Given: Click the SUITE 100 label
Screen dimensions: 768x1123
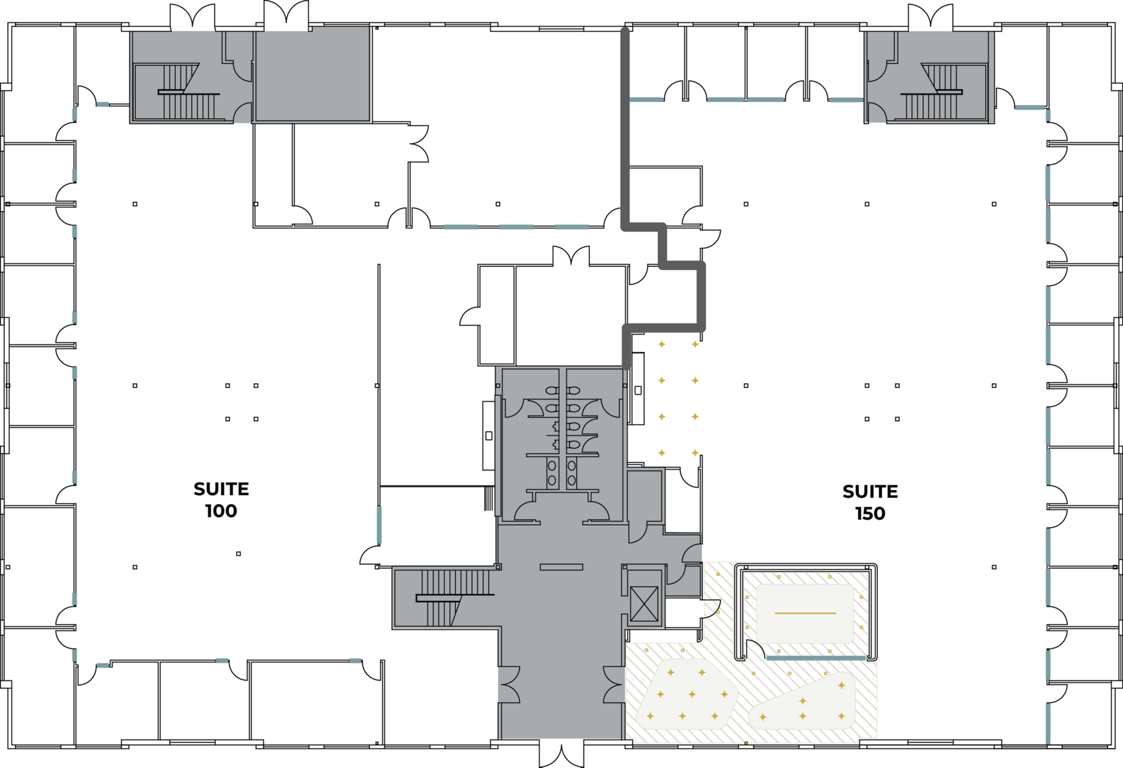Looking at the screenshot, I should tap(221, 500).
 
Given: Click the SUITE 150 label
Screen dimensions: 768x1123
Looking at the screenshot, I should tap(870, 502).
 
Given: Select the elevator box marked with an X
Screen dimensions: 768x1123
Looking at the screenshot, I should tap(644, 604).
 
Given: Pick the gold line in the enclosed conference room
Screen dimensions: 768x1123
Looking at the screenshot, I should tap(805, 613).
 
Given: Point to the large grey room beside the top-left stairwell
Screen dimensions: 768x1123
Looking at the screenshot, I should tap(313, 74).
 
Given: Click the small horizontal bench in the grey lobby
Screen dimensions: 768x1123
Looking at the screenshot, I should tap(561, 567).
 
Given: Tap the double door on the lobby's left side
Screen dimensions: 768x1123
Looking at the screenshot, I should tap(508, 684).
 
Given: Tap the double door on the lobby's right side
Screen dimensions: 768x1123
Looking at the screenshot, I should tap(614, 684).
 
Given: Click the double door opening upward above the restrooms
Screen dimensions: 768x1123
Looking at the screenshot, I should tap(571, 256).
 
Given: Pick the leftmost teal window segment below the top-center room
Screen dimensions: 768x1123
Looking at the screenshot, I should tap(460, 227).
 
